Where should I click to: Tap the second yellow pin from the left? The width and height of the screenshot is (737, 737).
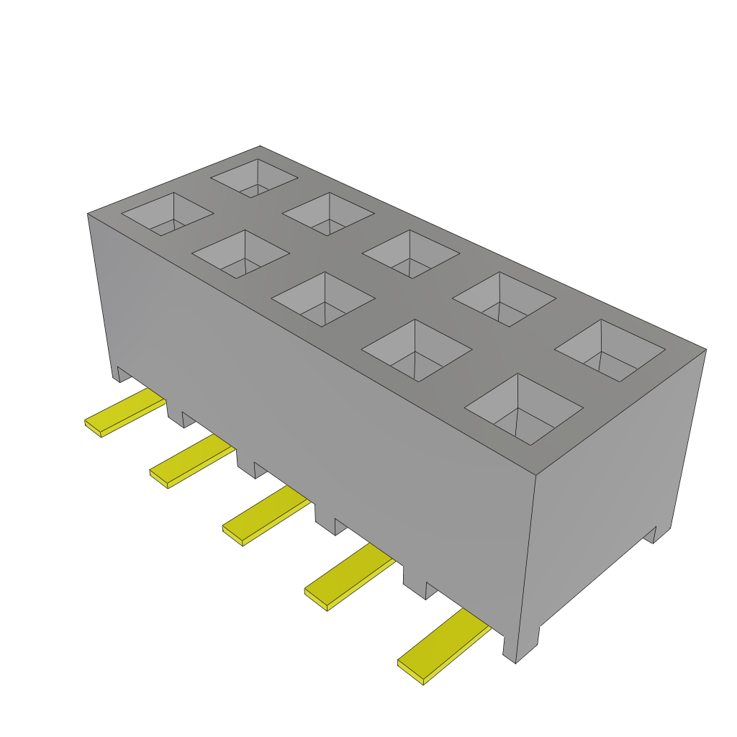pos(191,462)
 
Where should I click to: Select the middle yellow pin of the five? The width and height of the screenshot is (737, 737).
pos(266,515)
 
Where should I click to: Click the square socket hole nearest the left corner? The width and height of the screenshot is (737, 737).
pos(167,213)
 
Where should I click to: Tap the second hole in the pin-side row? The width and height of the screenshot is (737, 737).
pos(240,254)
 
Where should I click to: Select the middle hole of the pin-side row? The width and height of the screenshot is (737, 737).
pos(323,297)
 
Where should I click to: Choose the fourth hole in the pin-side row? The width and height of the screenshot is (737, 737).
pos(416,349)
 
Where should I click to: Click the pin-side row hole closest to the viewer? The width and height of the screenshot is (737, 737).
pos(523,408)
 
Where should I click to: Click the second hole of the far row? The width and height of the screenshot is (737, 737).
pos(328,213)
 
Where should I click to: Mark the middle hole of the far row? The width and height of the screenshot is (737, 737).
pos(410,253)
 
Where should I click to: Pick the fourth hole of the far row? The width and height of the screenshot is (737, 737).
pos(504,299)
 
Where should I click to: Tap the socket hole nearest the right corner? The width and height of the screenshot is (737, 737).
pos(609,350)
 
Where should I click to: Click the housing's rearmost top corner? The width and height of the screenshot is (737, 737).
pos(260,146)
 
